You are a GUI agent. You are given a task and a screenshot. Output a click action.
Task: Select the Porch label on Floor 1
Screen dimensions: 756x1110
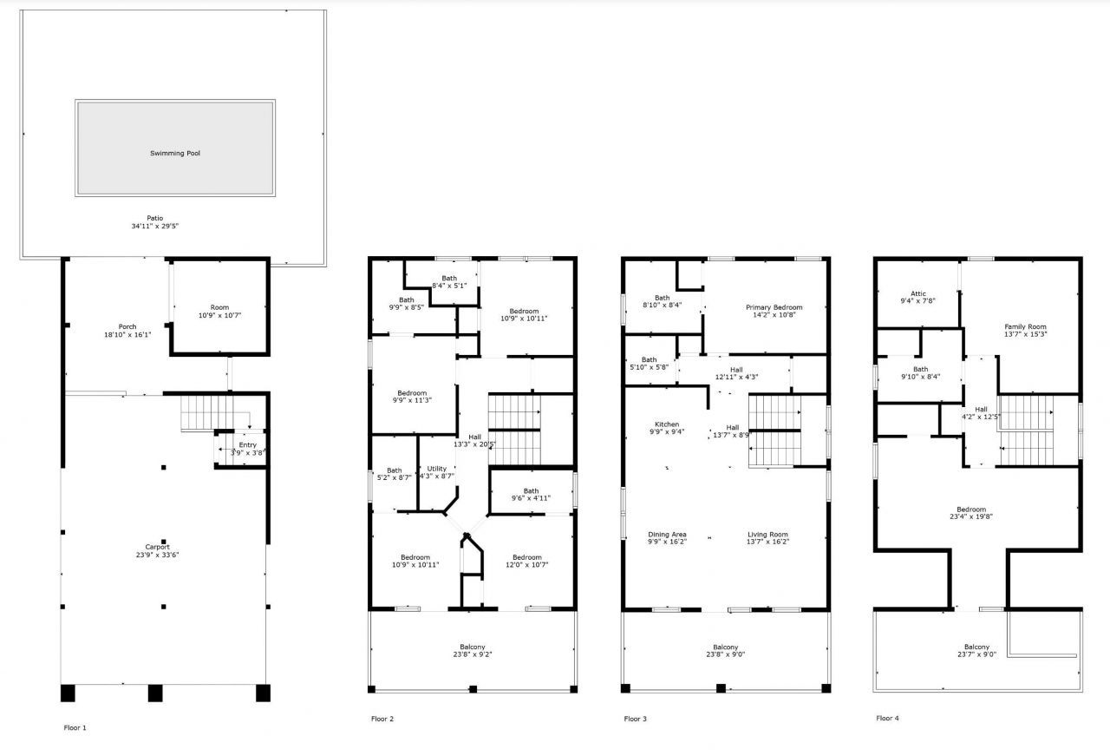point(127,326)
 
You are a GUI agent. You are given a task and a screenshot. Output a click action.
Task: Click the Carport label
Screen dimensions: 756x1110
point(158,547)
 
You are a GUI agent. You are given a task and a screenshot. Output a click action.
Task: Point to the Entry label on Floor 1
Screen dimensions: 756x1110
point(248,445)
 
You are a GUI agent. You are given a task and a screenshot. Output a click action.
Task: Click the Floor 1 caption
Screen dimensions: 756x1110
point(75,727)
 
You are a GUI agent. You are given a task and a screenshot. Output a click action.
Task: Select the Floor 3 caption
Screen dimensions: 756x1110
point(635,719)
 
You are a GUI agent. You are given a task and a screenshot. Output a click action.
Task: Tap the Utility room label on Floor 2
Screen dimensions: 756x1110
point(437,469)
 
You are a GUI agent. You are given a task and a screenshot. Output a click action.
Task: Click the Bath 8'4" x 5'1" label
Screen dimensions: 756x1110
point(448,279)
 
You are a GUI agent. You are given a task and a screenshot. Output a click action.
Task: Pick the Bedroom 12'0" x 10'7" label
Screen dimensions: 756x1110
point(526,557)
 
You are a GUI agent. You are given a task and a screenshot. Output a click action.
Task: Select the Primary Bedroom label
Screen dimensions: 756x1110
point(774,307)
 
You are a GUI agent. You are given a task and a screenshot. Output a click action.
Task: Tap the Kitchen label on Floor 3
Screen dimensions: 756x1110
point(666,424)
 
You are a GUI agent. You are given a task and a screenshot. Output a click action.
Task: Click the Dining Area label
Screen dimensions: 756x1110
point(667,535)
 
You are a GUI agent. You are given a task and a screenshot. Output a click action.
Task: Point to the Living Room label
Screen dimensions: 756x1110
point(767,535)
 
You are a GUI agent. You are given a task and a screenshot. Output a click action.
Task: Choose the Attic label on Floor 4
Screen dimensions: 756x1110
point(919,293)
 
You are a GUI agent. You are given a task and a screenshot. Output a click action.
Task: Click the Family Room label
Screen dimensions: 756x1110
point(1025,326)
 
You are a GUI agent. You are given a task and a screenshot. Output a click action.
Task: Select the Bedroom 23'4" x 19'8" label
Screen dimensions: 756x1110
point(970,509)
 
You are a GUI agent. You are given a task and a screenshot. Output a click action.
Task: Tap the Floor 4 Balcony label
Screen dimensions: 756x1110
point(976,647)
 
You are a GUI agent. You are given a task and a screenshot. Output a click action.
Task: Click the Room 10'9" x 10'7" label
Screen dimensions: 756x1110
point(219,307)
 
